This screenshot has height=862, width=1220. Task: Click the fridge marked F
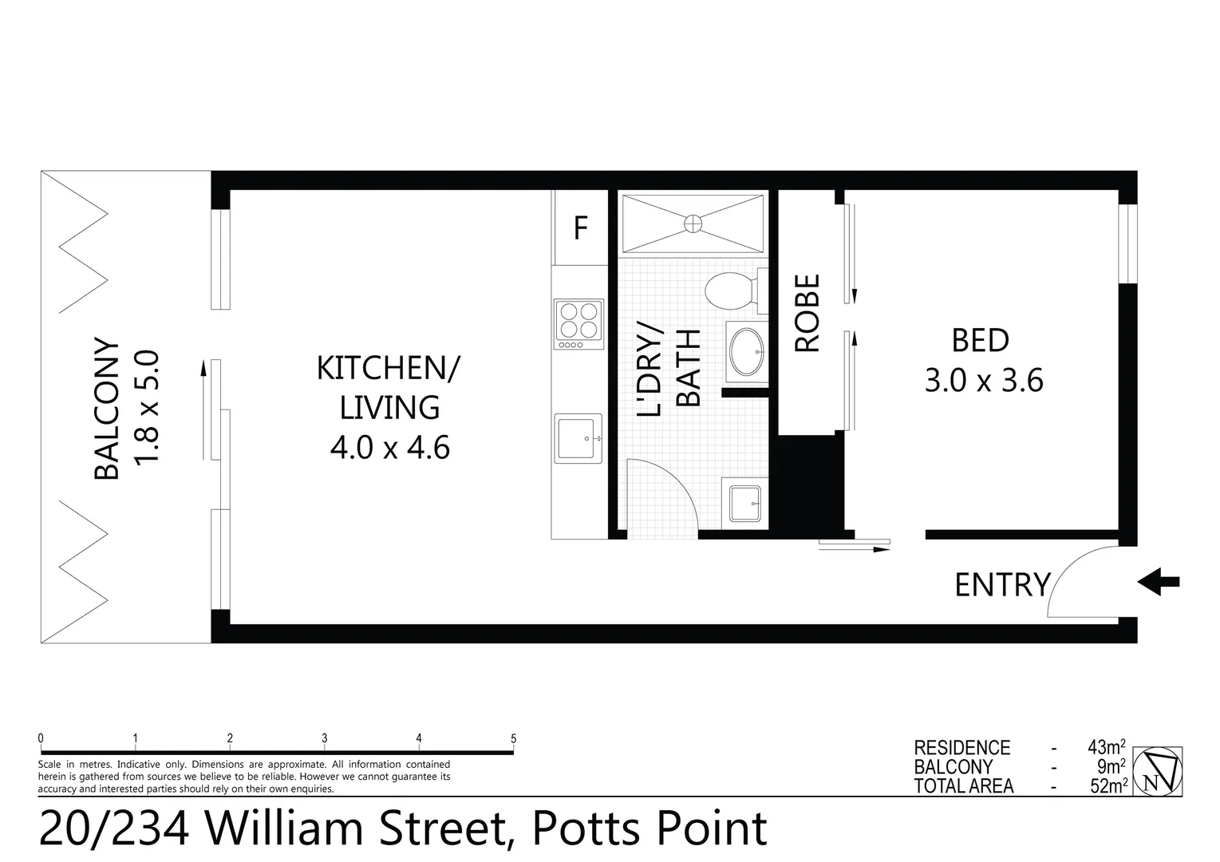580,229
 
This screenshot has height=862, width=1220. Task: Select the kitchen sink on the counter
578,438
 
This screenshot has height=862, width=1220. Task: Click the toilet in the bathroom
732,292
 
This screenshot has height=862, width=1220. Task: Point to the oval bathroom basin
747,352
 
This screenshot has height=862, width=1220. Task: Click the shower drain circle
693,224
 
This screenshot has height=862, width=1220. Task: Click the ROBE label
807,313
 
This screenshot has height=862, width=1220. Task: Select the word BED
981,341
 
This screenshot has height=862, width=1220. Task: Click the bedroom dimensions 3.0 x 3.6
983,381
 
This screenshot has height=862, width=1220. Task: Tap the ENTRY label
1002,585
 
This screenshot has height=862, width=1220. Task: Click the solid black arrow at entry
1158,583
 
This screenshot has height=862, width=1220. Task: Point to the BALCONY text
106,409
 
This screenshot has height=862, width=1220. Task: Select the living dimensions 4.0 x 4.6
389,447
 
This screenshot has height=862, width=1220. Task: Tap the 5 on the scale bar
513,738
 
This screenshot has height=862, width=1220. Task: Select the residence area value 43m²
1106,747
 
